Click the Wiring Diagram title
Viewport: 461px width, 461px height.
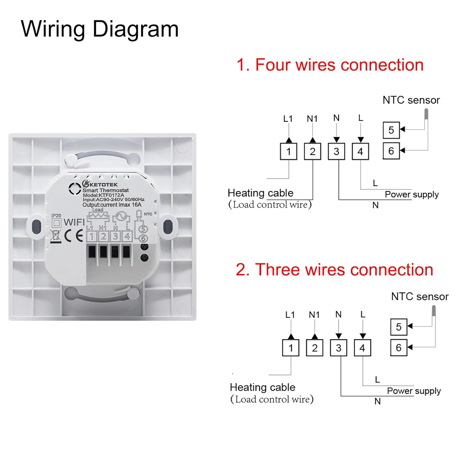tap(100, 29)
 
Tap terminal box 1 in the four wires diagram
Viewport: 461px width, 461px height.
tap(288, 152)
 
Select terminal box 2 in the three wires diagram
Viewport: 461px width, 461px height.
tap(314, 348)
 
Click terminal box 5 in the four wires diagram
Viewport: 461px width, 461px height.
tap(391, 130)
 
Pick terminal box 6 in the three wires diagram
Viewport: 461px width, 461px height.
tap(399, 348)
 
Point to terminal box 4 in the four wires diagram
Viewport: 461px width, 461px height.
tap(360, 152)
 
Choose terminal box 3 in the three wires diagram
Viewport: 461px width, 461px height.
tap(338, 348)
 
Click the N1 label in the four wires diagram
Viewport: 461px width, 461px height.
tap(312, 119)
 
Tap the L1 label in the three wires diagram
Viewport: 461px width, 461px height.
tap(290, 315)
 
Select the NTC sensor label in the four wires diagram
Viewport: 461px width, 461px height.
tap(411, 100)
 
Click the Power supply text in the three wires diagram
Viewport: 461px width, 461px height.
tap(414, 391)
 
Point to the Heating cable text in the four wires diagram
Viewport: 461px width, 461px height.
tap(260, 193)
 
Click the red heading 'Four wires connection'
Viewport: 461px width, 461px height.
tap(330, 65)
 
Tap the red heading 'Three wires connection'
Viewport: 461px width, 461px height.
tap(334, 270)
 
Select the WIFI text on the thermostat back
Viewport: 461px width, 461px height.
tap(74, 222)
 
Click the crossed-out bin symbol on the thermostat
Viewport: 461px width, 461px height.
tap(56, 236)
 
